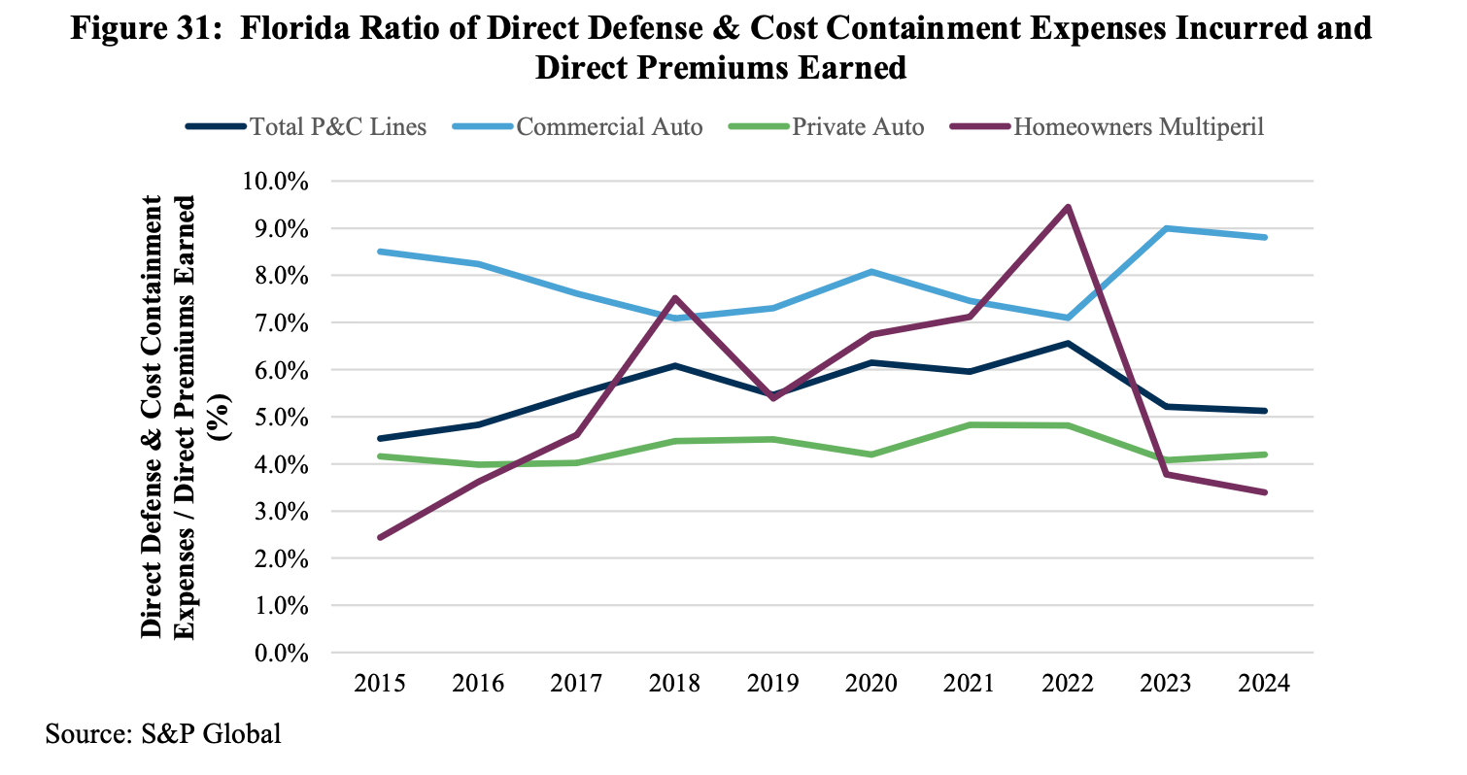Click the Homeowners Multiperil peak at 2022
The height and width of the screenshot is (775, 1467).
coord(1068,207)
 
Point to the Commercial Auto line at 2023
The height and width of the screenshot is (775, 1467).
coord(1166,228)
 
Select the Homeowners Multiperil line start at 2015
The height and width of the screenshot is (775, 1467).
coord(380,537)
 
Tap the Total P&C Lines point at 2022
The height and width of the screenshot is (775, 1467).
coord(1068,343)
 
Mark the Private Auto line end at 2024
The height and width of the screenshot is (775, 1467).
coord(1264,455)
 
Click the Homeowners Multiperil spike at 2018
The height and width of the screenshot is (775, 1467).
coord(674,298)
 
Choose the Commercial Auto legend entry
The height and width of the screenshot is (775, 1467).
coord(609,127)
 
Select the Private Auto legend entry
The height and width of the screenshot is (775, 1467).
coord(857,127)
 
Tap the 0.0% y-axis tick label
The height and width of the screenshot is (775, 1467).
coord(282,653)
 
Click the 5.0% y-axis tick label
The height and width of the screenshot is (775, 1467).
coord(282,418)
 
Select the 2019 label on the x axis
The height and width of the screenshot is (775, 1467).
coord(772,684)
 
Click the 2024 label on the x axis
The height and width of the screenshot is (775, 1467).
coord(1263,684)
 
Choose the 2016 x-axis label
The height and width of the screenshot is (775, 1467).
coord(478,684)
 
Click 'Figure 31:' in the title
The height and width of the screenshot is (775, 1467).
coord(143,28)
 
